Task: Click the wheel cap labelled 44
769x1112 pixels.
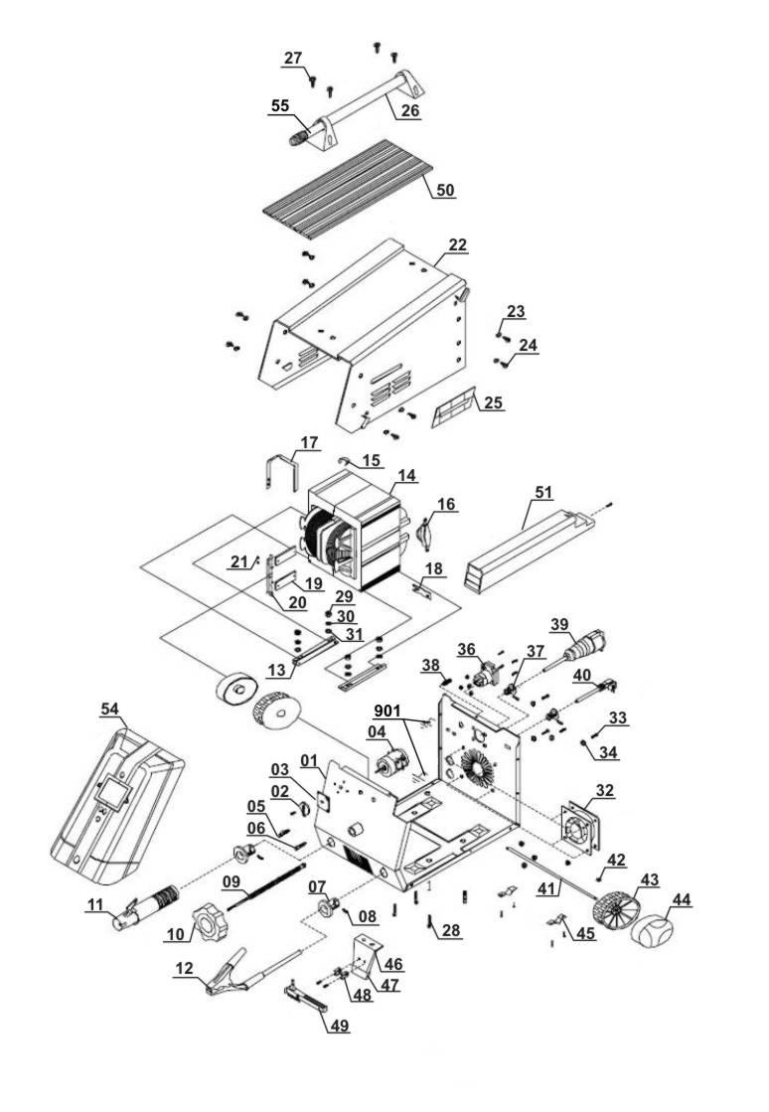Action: coord(660,934)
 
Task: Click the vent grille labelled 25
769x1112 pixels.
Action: coord(457,409)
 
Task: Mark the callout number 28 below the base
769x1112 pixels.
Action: coord(451,931)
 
